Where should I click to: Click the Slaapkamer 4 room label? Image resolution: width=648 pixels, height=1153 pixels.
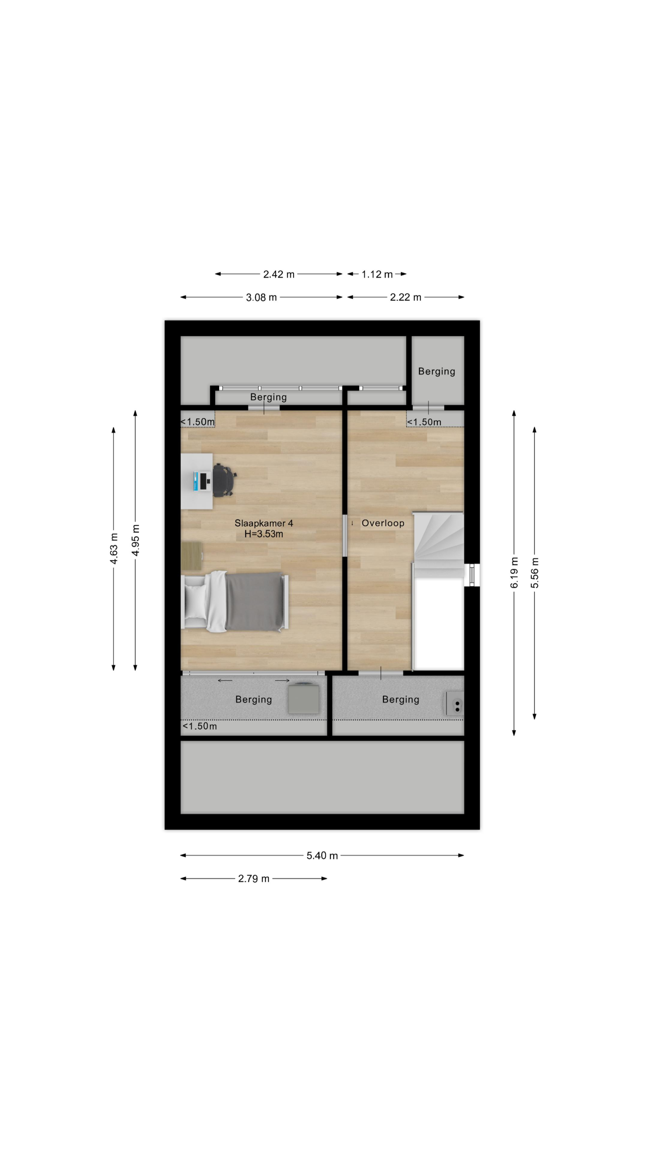[263, 523]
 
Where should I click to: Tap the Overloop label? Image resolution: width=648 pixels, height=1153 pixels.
[383, 523]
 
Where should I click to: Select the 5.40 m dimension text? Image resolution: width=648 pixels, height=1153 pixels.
[322, 855]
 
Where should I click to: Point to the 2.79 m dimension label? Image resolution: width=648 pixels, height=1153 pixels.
[253, 879]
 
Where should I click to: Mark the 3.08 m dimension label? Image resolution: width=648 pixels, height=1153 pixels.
[261, 297]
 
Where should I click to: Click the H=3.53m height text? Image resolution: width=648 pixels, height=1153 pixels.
[263, 533]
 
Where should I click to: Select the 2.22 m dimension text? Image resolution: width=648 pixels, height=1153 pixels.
[406, 297]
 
